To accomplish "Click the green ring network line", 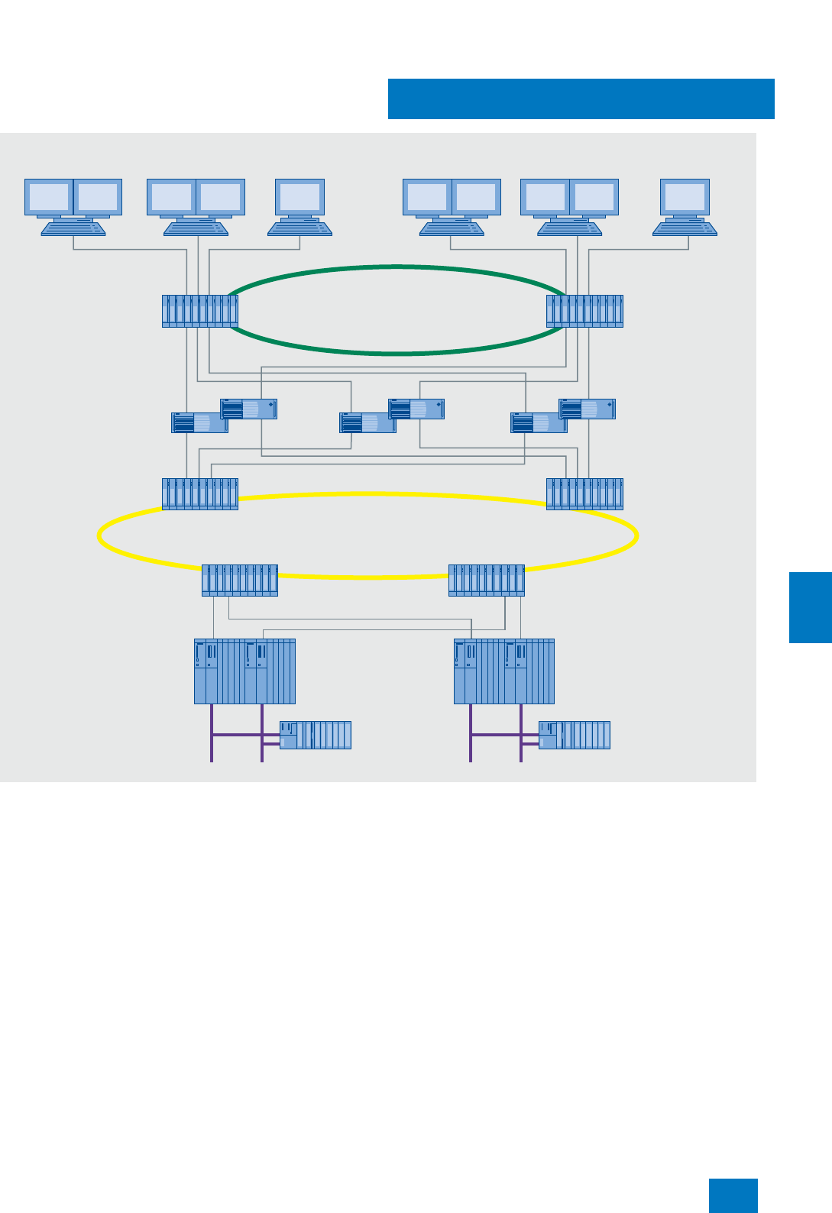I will [397, 267].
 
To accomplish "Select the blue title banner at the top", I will [581, 99].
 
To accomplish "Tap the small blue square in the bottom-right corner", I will [733, 1195].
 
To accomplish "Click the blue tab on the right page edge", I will [810, 607].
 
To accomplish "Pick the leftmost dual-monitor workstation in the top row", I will [73, 206].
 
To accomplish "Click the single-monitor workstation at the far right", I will [685, 206].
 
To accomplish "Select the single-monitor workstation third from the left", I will [299, 206].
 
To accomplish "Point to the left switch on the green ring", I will [200, 311].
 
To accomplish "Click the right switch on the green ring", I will [584, 311].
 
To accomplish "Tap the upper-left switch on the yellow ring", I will [200, 493].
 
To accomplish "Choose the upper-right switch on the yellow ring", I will [584, 493].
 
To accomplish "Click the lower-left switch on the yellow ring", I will [240, 581].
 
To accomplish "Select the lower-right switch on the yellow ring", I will [487, 581].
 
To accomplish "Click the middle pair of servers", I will [391, 416].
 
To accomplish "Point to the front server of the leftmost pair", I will [199, 423].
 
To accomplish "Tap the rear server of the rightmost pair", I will [587, 409].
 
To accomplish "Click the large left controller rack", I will [244, 671].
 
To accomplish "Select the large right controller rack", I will [504, 671].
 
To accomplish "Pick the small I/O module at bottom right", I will [575, 735].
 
